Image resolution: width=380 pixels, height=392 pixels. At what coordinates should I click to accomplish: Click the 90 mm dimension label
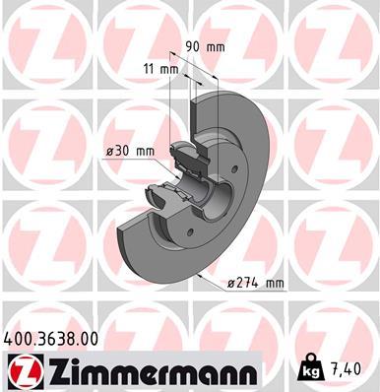206,45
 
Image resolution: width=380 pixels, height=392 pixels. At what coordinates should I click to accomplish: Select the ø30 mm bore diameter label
131,151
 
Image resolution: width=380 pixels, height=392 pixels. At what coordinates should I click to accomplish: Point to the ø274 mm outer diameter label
254,283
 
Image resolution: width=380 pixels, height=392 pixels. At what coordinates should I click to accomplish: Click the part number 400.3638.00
51,338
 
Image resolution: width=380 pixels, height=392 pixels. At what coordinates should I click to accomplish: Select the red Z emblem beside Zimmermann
21,370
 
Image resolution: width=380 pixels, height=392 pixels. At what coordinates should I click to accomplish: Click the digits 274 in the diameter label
247,283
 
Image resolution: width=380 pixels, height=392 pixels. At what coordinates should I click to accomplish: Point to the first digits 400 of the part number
19,338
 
